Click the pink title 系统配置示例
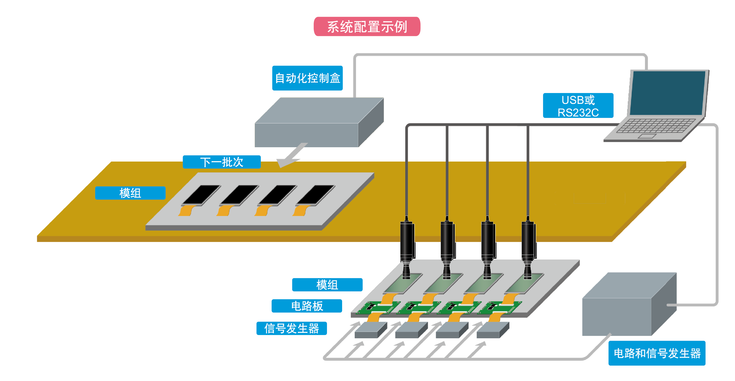(x=367, y=26)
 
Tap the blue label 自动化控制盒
(x=307, y=78)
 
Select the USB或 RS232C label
(x=578, y=106)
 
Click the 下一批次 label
(x=222, y=162)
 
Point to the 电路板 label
(x=307, y=306)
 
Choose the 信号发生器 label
(x=291, y=328)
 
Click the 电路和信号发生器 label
(x=657, y=353)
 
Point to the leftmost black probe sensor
(x=407, y=242)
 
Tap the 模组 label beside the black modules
(x=130, y=193)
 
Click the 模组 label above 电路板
(x=327, y=285)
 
